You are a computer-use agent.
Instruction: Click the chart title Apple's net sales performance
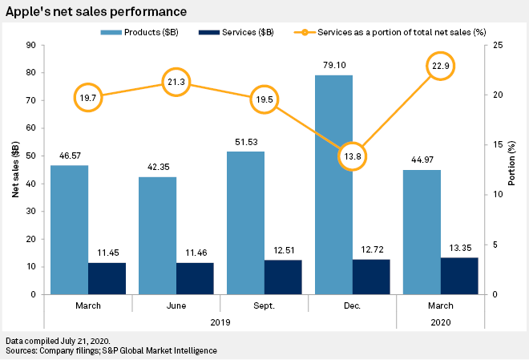(x=97, y=12)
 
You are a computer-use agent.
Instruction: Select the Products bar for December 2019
(x=333, y=184)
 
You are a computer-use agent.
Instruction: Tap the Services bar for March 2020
(x=459, y=276)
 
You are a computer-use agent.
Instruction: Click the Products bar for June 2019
(x=157, y=236)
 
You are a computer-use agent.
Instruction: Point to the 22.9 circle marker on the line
(x=438, y=66)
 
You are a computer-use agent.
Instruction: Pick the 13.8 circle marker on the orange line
(x=349, y=156)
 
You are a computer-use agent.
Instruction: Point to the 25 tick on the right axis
(x=498, y=46)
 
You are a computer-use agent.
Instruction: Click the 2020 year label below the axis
(x=440, y=322)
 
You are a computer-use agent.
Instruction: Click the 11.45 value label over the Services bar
(x=107, y=253)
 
